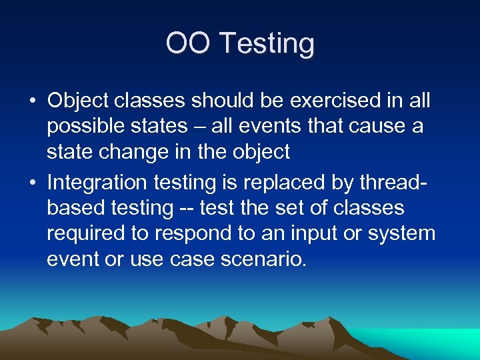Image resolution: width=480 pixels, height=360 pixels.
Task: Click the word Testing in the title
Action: [267, 44]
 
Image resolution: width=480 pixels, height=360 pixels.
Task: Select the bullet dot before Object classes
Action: [32, 101]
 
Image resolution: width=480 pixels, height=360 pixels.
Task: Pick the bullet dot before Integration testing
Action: [32, 182]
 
